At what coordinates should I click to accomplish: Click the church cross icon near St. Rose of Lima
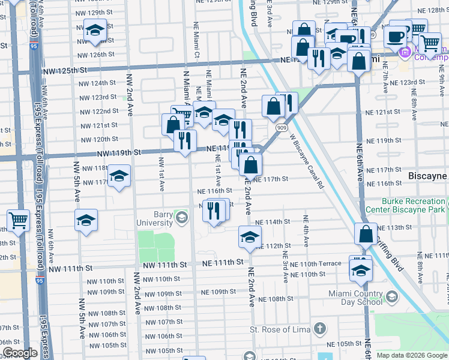click(321, 329)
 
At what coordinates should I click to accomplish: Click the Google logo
click(20, 353)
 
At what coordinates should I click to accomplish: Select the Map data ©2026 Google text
click(412, 355)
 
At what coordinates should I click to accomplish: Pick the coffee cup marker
click(394, 37)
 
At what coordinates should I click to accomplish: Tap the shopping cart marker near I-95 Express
click(18, 221)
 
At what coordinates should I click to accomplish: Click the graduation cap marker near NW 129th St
click(94, 31)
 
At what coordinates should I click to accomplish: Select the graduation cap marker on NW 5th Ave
click(86, 220)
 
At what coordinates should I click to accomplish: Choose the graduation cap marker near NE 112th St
click(250, 236)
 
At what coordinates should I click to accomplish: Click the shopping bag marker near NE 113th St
click(366, 234)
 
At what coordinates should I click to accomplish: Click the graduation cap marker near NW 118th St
click(119, 176)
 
